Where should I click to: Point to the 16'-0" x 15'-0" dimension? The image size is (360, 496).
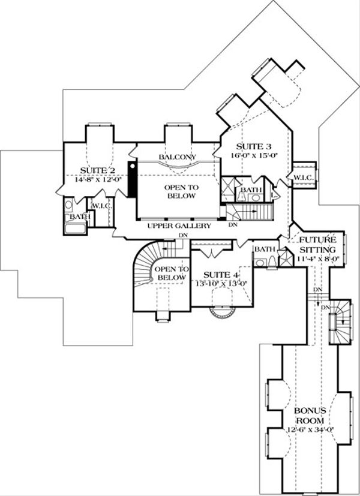click(250, 155)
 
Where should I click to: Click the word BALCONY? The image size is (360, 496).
click(176, 157)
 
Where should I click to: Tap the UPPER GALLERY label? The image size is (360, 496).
click(179, 226)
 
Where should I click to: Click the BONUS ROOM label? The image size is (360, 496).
click(310, 415)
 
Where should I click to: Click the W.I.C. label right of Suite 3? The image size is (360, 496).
click(300, 177)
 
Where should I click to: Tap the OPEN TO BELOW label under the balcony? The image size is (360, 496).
click(181, 191)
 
